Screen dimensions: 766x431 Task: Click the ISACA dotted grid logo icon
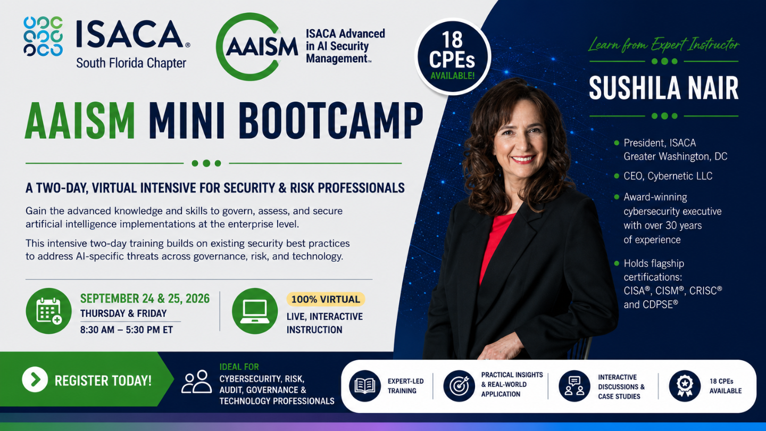[x=43, y=36]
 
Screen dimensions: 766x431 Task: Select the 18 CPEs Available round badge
[x=452, y=57]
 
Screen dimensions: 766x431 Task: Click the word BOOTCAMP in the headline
[x=330, y=121]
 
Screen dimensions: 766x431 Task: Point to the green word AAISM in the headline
[x=80, y=121]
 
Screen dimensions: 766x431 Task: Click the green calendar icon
[x=48, y=311]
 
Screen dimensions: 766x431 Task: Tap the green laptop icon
[x=255, y=311]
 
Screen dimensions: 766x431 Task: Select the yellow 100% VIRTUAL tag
[x=326, y=299]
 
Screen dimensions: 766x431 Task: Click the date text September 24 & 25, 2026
[x=145, y=299]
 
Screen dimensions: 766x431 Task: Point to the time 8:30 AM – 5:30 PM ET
[x=127, y=330]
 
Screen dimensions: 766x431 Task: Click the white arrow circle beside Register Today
[x=35, y=379]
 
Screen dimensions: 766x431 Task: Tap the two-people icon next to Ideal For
[x=196, y=382]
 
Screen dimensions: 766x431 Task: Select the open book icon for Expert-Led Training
[x=365, y=386]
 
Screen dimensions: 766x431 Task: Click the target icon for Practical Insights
[x=459, y=386]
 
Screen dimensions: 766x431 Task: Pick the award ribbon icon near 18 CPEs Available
[x=685, y=386]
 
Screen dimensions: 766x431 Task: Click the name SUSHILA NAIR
[x=664, y=88]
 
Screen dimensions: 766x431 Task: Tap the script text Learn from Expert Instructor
[x=664, y=45]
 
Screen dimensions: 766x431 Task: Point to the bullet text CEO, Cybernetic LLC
[x=668, y=176]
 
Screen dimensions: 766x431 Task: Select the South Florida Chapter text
[x=131, y=63]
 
